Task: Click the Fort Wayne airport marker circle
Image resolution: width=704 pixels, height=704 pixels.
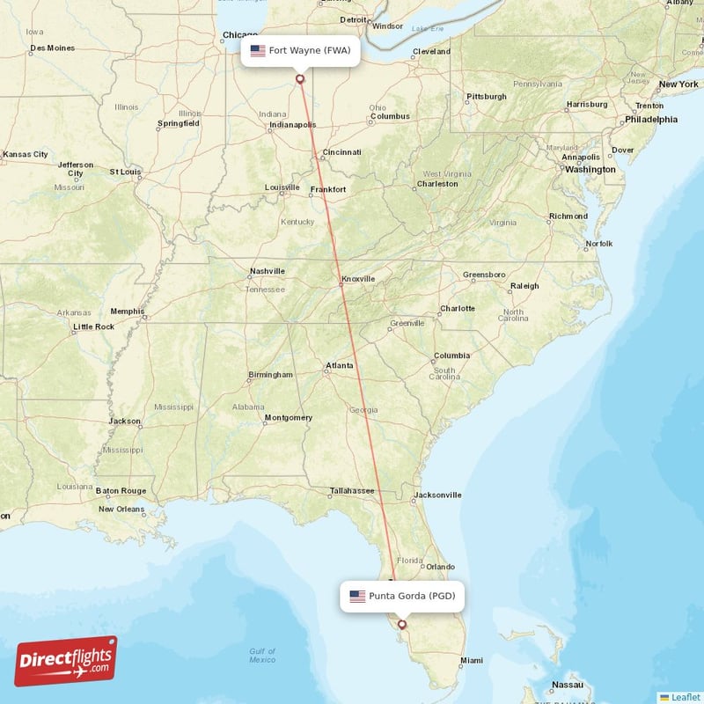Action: click(300, 79)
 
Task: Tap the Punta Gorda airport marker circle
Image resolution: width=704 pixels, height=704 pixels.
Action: click(402, 625)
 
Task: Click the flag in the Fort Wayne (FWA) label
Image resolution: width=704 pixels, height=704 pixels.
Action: click(258, 51)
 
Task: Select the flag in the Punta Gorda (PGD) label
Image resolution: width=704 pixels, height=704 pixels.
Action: click(357, 597)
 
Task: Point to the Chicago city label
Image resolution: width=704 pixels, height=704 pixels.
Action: click(228, 35)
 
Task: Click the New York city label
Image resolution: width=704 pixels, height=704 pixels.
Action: click(678, 84)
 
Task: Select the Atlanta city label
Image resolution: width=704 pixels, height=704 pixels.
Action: click(340, 365)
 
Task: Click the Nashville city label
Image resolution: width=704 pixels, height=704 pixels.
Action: click(267, 271)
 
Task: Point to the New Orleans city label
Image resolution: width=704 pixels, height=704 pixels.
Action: click(121, 509)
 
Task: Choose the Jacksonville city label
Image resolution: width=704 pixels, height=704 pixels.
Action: click(437, 495)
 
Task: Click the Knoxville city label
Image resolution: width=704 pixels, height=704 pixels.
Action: click(358, 279)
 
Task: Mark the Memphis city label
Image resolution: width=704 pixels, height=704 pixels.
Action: click(127, 311)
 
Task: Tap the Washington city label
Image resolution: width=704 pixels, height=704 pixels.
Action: click(590, 169)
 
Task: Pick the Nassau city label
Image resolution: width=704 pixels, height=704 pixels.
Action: click(568, 685)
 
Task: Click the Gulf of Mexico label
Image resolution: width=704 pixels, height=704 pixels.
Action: click(261, 656)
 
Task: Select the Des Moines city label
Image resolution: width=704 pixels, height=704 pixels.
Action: click(52, 48)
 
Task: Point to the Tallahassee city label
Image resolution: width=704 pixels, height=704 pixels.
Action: click(352, 490)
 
